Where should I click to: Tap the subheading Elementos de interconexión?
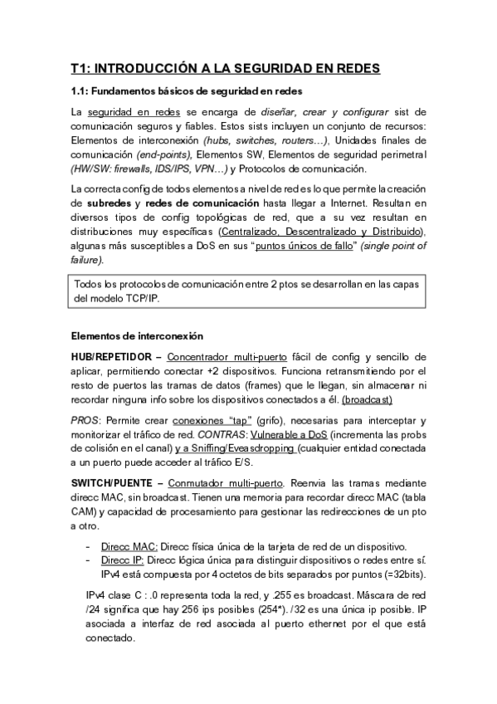coord(136,336)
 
